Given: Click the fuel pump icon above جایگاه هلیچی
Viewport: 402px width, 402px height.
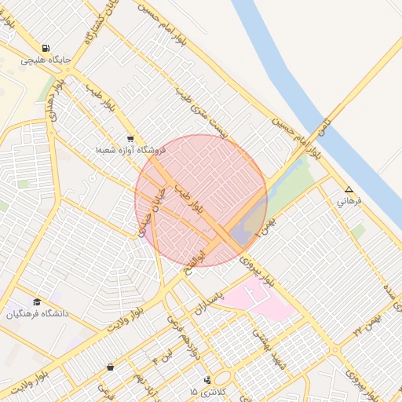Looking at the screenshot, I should pyautogui.click(x=46, y=49).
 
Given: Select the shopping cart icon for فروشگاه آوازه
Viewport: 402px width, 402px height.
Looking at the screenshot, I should pyautogui.click(x=130, y=138).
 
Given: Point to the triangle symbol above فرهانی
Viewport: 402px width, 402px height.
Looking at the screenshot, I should pyautogui.click(x=349, y=190).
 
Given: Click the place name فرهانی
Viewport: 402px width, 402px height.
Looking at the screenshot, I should pyautogui.click(x=349, y=201).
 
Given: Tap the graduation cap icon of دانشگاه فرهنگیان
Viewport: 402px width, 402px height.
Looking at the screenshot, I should pyautogui.click(x=37, y=302).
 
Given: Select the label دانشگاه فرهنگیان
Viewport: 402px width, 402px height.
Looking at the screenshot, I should pyautogui.click(x=38, y=314).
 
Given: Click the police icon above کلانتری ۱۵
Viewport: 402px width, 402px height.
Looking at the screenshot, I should pyautogui.click(x=207, y=380).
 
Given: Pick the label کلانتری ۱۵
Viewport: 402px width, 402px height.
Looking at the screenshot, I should pyautogui.click(x=207, y=391).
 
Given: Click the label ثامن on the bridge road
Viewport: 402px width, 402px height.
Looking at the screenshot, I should pyautogui.click(x=323, y=125).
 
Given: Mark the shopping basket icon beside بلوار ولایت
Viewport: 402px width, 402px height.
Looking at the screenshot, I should pyautogui.click(x=110, y=367).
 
